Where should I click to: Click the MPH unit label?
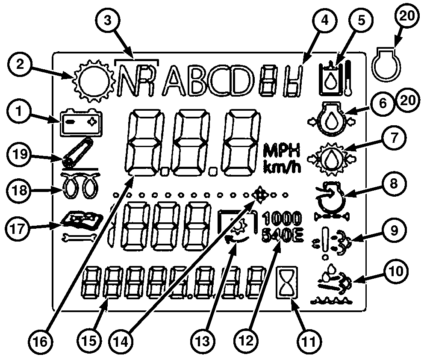pyautogui.click(x=282, y=150)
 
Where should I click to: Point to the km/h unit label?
pyautogui.click(x=282, y=166)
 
